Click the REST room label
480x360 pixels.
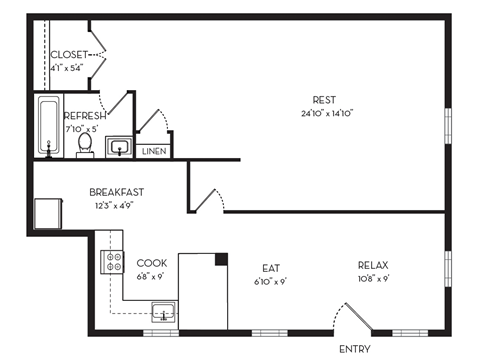(323, 99)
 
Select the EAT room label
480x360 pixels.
(271, 267)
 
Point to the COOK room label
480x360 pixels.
(152, 263)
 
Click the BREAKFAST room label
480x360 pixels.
(116, 192)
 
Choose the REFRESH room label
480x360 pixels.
(86, 115)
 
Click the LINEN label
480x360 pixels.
(153, 152)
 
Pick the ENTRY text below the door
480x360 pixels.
(355, 349)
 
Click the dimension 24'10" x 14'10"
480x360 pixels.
(323, 113)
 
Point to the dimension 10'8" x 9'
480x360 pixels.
(372, 279)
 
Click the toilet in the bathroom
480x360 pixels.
(85, 144)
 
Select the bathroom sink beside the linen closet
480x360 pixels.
(120, 148)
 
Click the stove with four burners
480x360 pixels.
(111, 263)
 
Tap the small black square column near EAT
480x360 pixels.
(221, 259)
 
